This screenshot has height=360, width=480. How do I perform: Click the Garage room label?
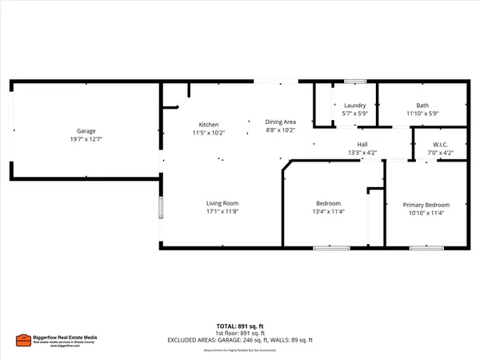[x=86, y=130]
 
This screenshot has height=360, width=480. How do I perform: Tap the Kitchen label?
[x=209, y=124]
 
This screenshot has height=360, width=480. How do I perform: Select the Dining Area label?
[x=281, y=122]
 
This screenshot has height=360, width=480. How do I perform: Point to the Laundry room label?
[x=354, y=106]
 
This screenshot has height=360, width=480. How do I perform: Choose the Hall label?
[x=362, y=145]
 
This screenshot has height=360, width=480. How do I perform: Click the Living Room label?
[x=222, y=203]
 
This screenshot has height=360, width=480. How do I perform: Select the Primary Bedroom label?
[x=426, y=205]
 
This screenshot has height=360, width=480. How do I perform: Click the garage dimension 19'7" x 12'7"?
[x=86, y=138]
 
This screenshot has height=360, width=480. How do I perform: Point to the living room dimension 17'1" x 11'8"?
[x=222, y=212]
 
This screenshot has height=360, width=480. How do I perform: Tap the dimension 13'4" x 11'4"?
[x=328, y=212]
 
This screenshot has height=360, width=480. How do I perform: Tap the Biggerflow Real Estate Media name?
[x=64, y=337]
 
